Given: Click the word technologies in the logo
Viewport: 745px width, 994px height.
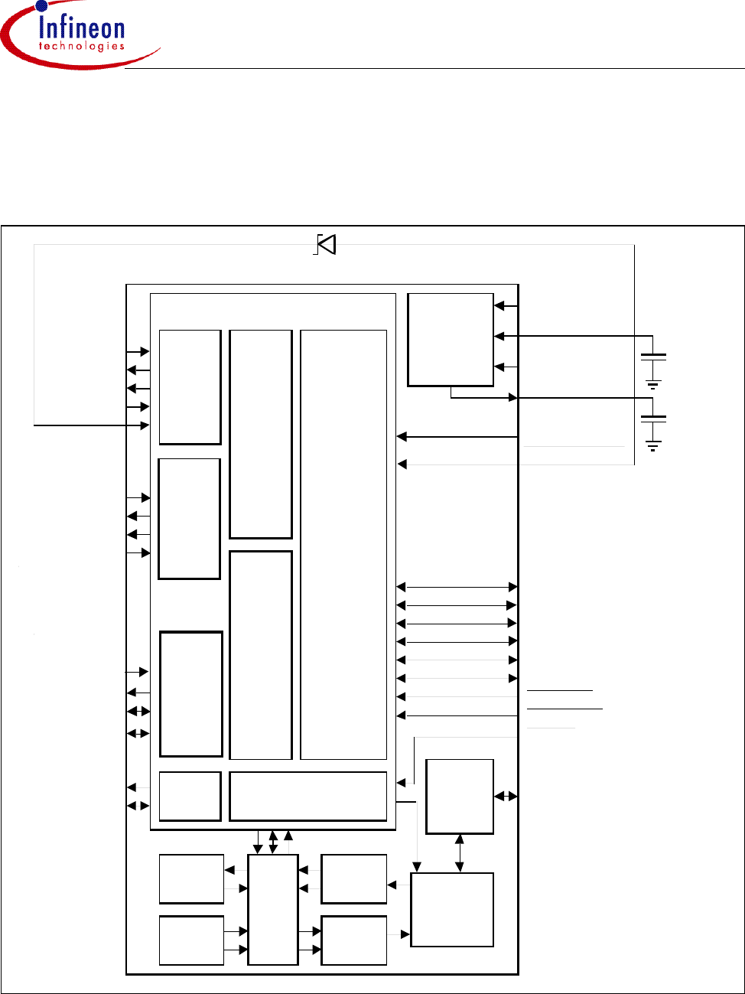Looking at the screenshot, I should pyautogui.click(x=81, y=47).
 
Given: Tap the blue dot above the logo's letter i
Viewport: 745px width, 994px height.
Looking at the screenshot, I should pyautogui.click(x=41, y=7).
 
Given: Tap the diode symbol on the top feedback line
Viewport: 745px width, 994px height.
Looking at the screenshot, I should pyautogui.click(x=327, y=244).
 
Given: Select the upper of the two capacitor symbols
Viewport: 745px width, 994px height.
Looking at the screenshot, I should pyautogui.click(x=653, y=357).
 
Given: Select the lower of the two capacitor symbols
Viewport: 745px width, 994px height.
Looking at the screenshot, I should pyautogui.click(x=653, y=419).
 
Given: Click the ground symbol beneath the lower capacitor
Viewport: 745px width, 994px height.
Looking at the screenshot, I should pyautogui.click(x=653, y=445).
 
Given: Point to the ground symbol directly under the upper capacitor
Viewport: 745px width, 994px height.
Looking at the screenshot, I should pyautogui.click(x=653, y=385).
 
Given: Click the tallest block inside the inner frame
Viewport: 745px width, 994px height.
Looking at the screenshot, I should pyautogui.click(x=343, y=544).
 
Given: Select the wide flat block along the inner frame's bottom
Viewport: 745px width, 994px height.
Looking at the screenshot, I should pyautogui.click(x=307, y=796).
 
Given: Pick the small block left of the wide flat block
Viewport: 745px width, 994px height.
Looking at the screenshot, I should pyautogui.click(x=190, y=796).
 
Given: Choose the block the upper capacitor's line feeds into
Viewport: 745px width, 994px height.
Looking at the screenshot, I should pyautogui.click(x=451, y=339).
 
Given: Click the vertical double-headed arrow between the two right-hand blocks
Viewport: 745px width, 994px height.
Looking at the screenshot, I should pyautogui.click(x=459, y=853).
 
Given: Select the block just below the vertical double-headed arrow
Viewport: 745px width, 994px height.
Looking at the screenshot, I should pyautogui.click(x=452, y=910).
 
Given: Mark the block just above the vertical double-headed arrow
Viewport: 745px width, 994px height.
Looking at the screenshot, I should pyautogui.click(x=460, y=796).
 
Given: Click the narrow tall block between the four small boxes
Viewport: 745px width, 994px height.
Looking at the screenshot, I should pyautogui.click(x=273, y=909).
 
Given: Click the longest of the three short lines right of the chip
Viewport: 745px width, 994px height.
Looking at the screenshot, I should pyautogui.click(x=564, y=709).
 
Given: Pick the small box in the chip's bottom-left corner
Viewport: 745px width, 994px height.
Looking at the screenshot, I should pyautogui.click(x=191, y=940).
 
